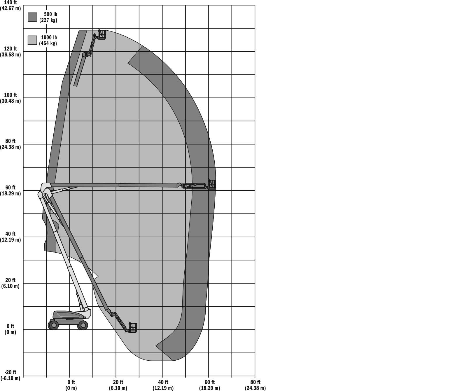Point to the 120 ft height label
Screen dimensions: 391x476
[x=11, y=52]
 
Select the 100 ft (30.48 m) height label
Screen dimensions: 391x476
[x=11, y=98]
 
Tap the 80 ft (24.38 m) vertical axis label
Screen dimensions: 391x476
[x=11, y=144]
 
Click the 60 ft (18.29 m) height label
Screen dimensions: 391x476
[x=11, y=191]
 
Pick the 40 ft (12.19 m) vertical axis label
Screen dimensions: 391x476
[x=11, y=237]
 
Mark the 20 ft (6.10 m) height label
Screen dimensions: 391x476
[x=11, y=283]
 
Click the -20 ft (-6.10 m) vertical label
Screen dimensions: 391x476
[x=11, y=375]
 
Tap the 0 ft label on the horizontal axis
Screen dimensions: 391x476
[x=71, y=385]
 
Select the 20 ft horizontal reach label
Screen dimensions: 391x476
[x=118, y=385]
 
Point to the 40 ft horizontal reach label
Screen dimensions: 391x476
[x=163, y=385]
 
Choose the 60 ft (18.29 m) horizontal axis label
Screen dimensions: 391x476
[x=209, y=385]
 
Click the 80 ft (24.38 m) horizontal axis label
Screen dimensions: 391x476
[x=255, y=385]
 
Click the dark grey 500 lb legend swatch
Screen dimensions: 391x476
[x=32, y=17]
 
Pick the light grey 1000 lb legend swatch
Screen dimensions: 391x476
[x=32, y=40]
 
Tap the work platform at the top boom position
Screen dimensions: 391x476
[x=102, y=34]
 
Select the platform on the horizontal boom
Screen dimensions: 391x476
[x=212, y=184]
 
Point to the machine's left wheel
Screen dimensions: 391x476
[x=53, y=325]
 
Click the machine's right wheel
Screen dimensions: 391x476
[x=83, y=325]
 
